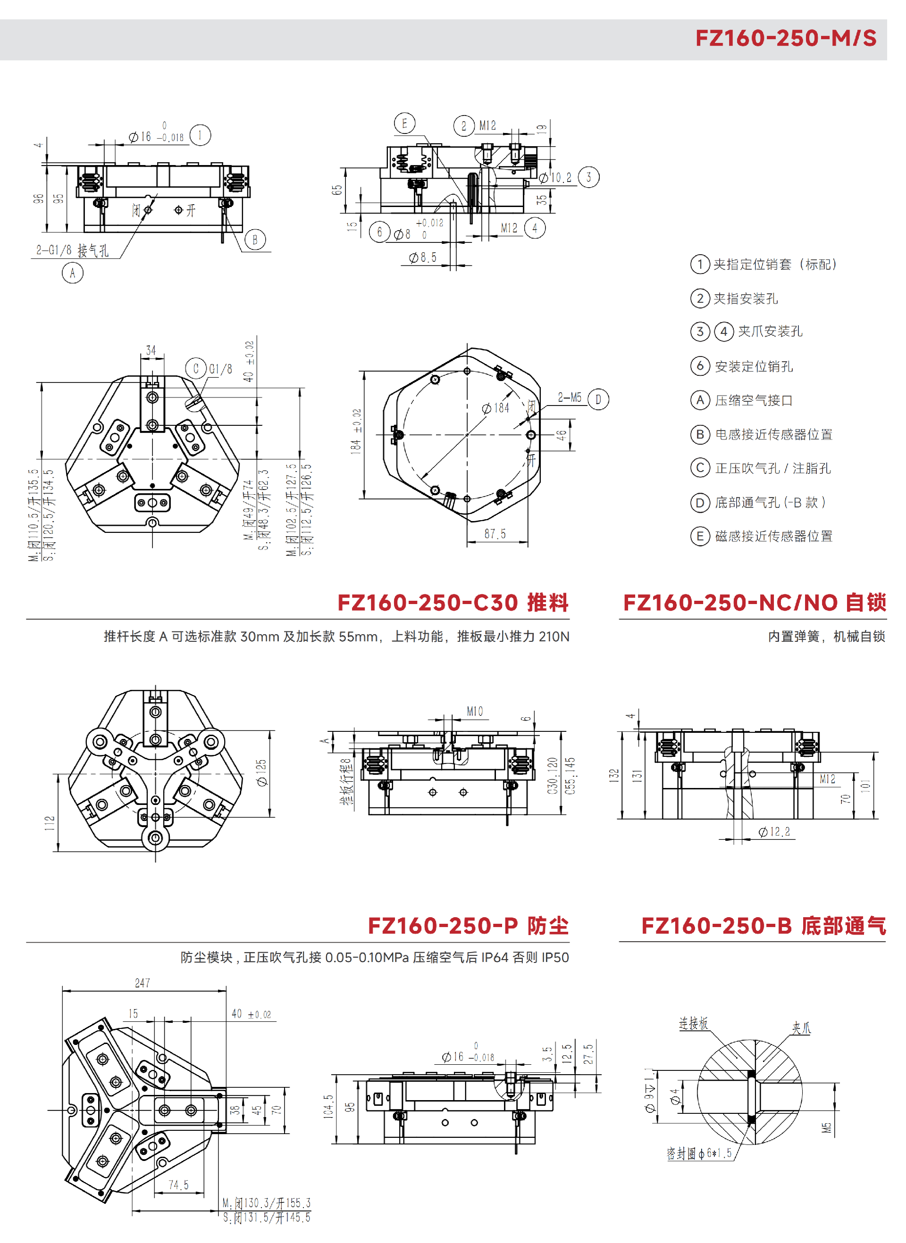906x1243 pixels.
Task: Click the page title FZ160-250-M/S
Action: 785,38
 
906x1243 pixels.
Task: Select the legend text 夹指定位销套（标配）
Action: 775,264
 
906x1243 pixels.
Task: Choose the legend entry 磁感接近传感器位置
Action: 773,536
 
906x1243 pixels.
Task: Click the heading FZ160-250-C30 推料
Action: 453,602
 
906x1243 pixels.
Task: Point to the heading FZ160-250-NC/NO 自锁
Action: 755,602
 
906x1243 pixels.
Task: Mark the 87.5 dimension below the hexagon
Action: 495,534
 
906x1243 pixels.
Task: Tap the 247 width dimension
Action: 143,983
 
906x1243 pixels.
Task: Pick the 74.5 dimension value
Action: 178,1185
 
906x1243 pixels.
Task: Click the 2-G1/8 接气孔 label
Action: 72,250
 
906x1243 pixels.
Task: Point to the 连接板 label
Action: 693,1023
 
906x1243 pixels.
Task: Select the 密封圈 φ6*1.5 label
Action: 699,1154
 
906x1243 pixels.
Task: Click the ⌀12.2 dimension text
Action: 774,832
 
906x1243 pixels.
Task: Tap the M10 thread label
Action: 475,712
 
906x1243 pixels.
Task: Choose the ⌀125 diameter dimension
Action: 261,773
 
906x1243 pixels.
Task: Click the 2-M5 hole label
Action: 570,398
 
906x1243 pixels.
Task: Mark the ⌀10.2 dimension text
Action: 555,178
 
